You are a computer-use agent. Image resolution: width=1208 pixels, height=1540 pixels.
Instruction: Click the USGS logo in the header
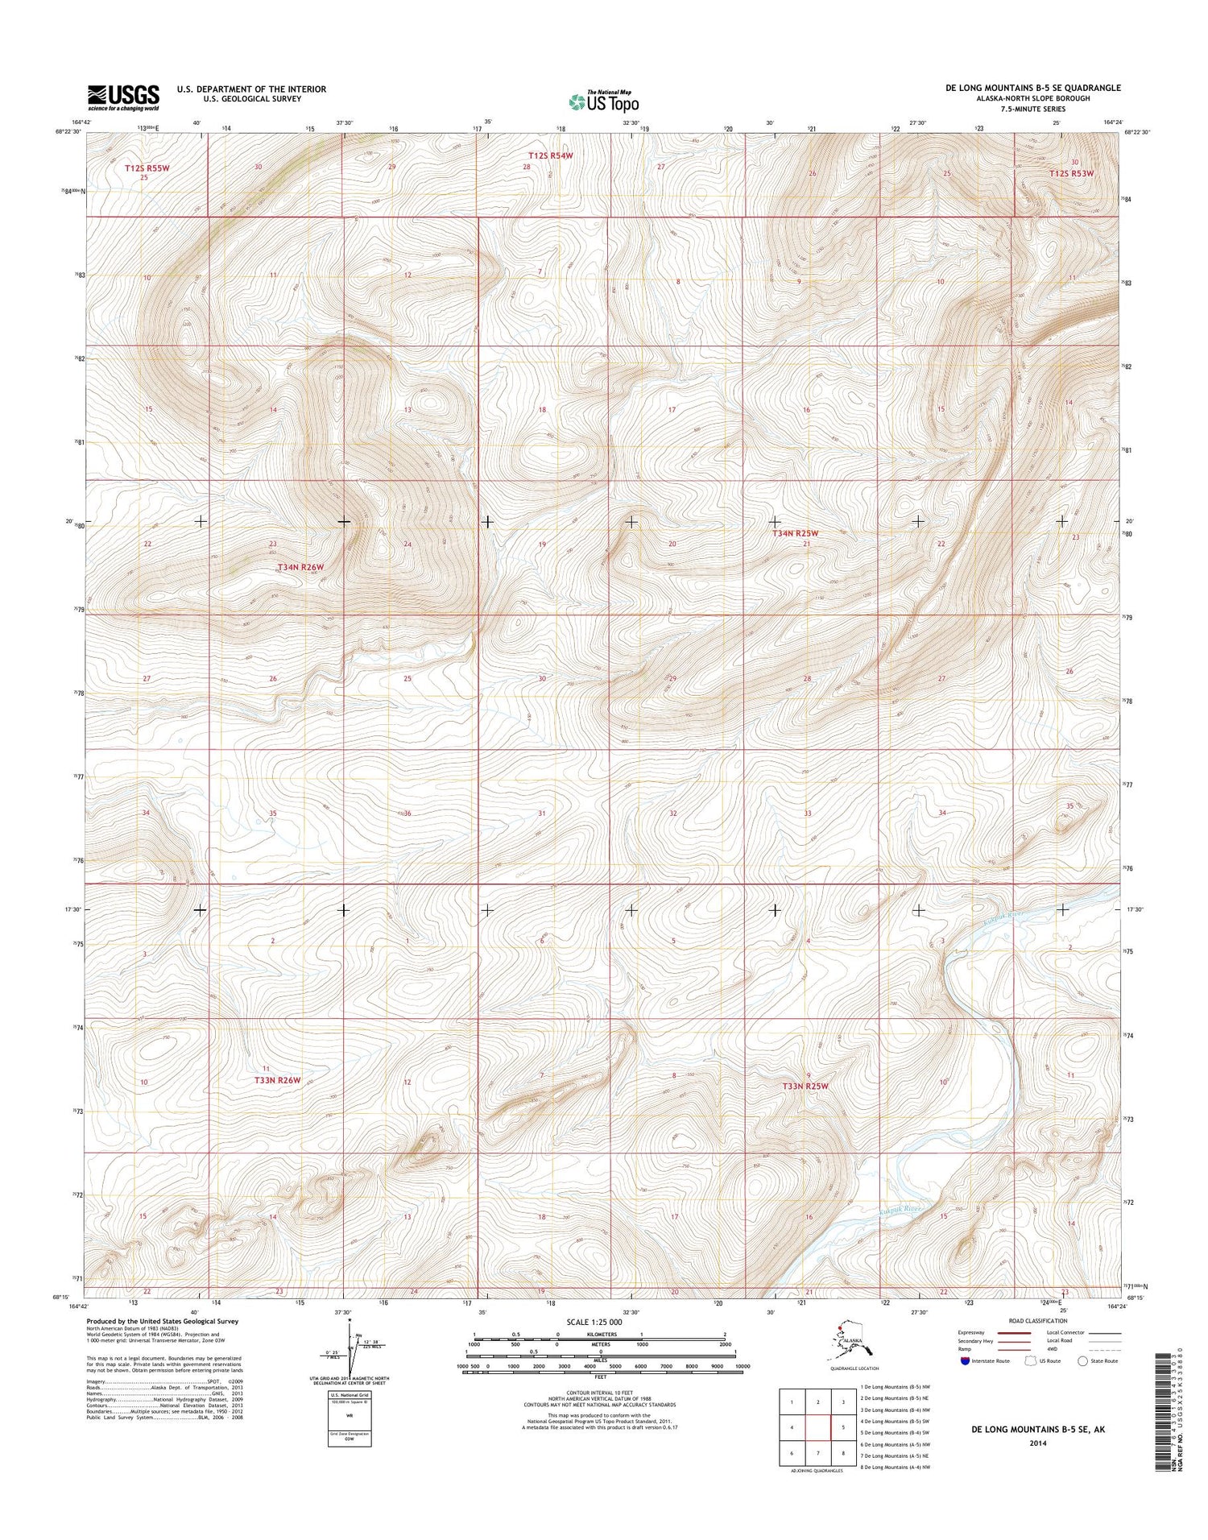coord(123,97)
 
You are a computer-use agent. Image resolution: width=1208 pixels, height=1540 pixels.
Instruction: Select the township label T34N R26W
coord(300,567)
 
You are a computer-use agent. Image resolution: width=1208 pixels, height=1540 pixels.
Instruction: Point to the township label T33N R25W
coord(805,1087)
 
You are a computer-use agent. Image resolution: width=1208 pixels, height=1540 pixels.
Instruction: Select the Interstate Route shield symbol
coord(965,1361)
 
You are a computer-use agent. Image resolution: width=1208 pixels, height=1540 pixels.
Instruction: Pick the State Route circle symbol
coord(1082,1361)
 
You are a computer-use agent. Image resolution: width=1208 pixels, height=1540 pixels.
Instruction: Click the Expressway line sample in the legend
coord(1016,1333)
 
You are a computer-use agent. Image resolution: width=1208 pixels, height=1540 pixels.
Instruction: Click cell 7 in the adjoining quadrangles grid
coord(818,1453)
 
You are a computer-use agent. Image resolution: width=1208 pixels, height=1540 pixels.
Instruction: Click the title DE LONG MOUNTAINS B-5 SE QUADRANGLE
coord(1037,88)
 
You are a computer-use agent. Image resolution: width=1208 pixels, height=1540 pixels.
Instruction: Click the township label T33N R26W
coord(277,1080)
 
